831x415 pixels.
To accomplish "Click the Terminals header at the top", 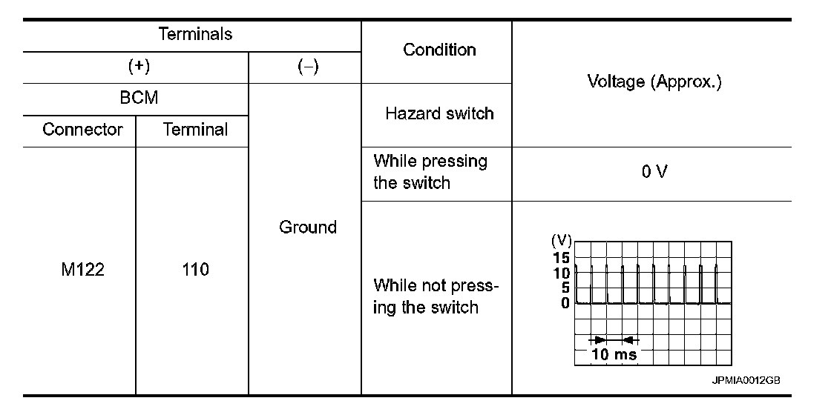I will [195, 34].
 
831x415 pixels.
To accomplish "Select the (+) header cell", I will [139, 67].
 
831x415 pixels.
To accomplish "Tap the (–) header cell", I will [307, 67].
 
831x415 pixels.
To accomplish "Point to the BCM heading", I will [139, 99].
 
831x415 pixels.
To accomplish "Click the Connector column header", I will [82, 130].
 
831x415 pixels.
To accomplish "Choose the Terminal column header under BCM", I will [195, 130].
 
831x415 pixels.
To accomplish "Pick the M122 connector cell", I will [82, 270].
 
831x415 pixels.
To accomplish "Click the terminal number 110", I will [195, 270].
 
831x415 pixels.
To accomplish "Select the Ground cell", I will [307, 227].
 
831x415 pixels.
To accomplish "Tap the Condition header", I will [439, 50].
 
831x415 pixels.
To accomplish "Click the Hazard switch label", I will [439, 113].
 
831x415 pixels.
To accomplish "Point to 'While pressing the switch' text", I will [430, 172].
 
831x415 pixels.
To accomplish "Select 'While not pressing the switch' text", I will [436, 296].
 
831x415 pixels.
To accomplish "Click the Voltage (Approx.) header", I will [653, 82].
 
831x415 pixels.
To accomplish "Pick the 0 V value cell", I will [653, 172].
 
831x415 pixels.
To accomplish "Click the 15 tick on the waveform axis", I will [561, 258].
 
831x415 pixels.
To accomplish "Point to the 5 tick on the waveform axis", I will [565, 288].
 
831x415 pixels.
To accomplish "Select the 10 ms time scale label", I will [613, 354].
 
